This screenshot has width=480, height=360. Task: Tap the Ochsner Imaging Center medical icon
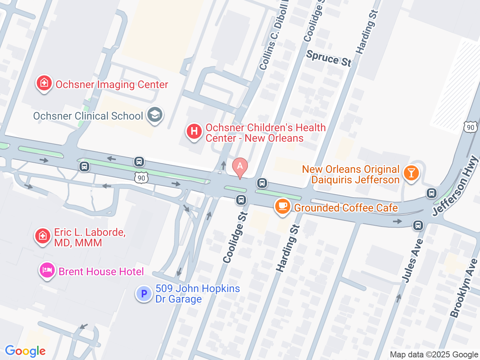tap(44, 83)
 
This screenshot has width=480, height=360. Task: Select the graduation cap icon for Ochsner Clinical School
tap(154, 115)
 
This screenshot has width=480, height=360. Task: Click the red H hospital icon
tap(194, 132)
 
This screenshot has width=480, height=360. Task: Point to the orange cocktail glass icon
tap(411, 173)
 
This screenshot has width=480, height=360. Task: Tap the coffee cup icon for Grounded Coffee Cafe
tap(283, 206)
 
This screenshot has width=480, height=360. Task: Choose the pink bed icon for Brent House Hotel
tap(47, 270)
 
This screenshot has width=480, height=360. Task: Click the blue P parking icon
tap(144, 294)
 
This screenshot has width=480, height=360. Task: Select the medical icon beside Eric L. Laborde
tap(42, 236)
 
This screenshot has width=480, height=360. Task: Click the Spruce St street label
tap(329, 58)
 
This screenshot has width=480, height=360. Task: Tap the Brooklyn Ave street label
tap(464, 288)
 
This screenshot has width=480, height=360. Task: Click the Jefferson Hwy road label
tap(455, 186)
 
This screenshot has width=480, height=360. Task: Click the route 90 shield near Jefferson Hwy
tap(470, 127)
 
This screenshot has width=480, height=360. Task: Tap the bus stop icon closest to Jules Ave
tap(418, 225)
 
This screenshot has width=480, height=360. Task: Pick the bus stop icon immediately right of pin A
tap(262, 183)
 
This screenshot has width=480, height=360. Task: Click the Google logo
tap(25, 351)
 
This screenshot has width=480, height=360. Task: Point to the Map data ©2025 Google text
tap(434, 354)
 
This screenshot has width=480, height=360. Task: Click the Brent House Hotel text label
tap(101, 271)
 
